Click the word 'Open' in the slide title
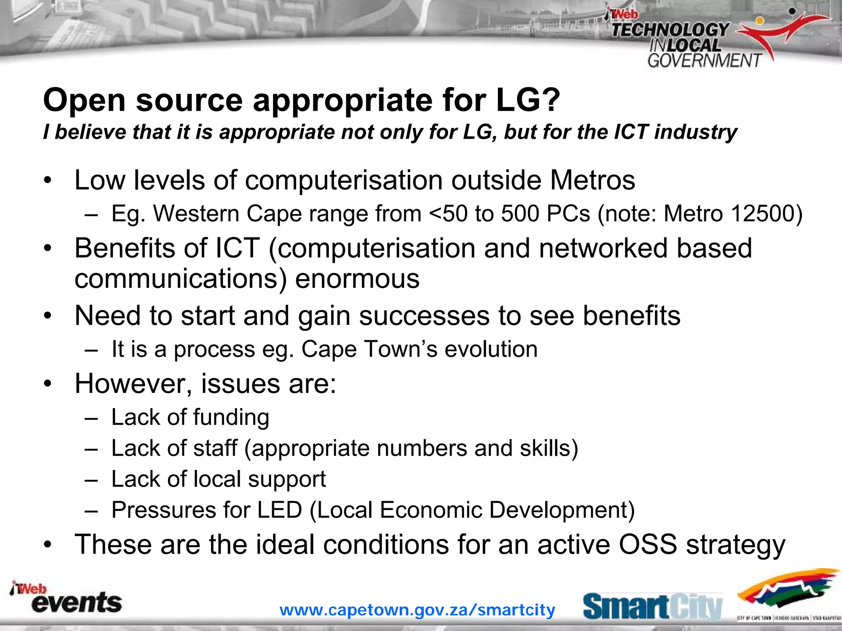click(84, 101)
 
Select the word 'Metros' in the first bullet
click(592, 180)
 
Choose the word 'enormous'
click(357, 278)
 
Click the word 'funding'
click(231, 418)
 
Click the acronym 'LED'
click(280, 510)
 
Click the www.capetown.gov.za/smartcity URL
click(417, 610)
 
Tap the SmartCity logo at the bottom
click(652, 606)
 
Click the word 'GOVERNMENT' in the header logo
click(704, 61)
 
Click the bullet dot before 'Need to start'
click(48, 316)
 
